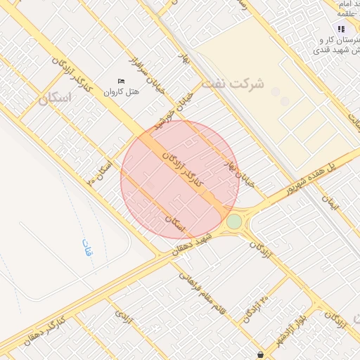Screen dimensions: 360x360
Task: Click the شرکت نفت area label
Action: tap(233, 84)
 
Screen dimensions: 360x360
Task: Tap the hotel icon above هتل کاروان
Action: tap(121, 81)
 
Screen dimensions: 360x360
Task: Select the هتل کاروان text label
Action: tap(122, 91)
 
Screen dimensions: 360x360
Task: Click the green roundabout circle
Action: tap(234, 222)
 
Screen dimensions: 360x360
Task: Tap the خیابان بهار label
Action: tap(237, 172)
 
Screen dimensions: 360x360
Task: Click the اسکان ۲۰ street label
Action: tap(99, 172)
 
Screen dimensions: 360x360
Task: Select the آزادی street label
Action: tap(127, 320)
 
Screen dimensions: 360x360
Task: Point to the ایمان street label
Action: tap(330, 203)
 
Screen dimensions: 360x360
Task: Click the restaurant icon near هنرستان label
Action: tap(341, 30)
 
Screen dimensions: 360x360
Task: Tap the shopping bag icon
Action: tap(261, 354)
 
